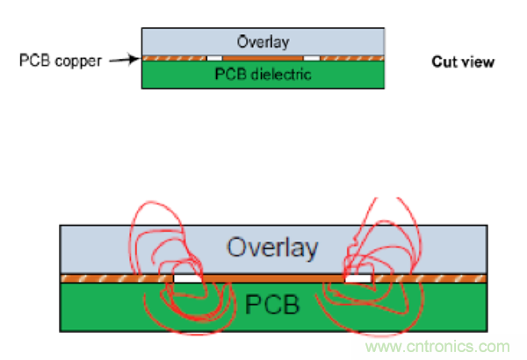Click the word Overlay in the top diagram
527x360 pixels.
(263, 42)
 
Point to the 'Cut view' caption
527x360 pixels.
(463, 62)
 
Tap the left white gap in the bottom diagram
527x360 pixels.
(187, 278)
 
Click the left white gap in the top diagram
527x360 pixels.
(212, 59)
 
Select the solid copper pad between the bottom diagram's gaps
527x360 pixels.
(272, 278)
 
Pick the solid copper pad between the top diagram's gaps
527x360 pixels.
(263, 59)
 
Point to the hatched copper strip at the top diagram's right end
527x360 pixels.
(352, 59)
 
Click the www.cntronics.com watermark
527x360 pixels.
(441, 347)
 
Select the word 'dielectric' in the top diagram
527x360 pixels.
(283, 75)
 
